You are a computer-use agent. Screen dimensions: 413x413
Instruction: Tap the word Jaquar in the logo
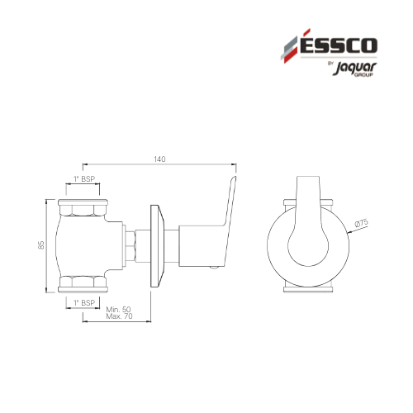[354, 68]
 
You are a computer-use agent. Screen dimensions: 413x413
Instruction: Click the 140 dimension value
[159, 159]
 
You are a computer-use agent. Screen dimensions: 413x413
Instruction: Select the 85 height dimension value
[41, 245]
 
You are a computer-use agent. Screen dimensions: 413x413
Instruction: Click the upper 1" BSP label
[84, 179]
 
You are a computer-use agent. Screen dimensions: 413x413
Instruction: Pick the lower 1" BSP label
[84, 303]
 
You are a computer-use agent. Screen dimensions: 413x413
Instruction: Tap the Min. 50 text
[119, 310]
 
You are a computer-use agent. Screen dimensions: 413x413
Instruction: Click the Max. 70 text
[119, 316]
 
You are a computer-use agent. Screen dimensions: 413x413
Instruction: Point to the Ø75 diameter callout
[361, 222]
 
